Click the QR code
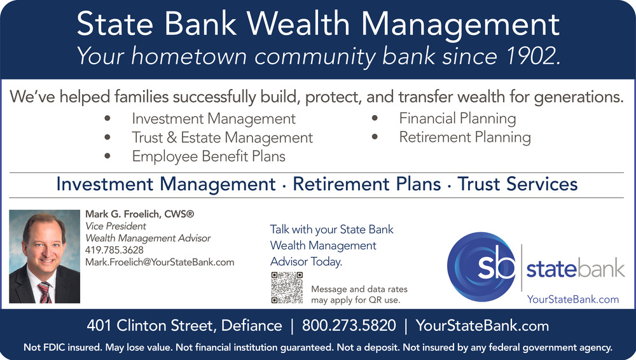[x=287, y=287]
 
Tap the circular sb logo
[x=481, y=267]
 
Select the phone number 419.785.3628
[x=114, y=250]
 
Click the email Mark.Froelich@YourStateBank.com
[x=160, y=262]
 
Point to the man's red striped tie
[x=45, y=293]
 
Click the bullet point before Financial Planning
[x=375, y=118]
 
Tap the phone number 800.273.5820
[x=349, y=326]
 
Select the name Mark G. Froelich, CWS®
[x=139, y=214]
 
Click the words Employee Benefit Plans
[x=209, y=156]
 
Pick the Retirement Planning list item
[x=465, y=137]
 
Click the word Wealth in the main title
[x=298, y=24]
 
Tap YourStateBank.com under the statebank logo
[x=573, y=300]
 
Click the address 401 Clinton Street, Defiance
[x=184, y=326]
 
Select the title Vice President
[x=116, y=226]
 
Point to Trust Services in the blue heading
[x=517, y=184]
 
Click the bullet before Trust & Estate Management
[x=107, y=137]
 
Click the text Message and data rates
[x=359, y=289]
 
